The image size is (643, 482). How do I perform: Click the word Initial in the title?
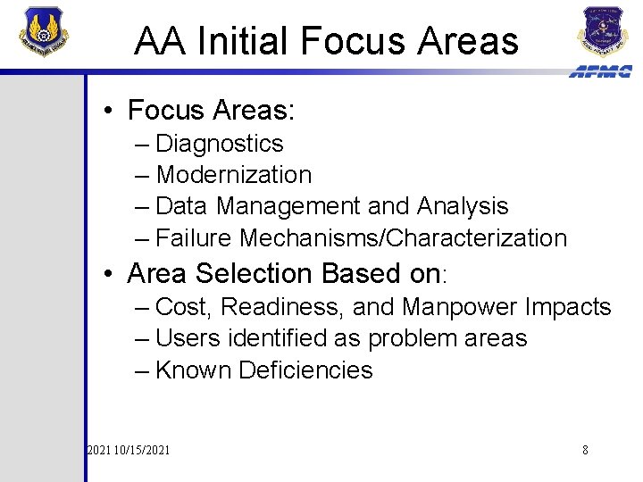pyautogui.click(x=243, y=41)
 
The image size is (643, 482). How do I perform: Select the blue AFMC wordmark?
pyautogui.click(x=600, y=71)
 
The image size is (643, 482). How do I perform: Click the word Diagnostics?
pyautogui.click(x=219, y=144)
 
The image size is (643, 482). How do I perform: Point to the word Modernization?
pyautogui.click(x=233, y=175)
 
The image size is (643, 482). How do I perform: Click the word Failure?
pyautogui.click(x=194, y=238)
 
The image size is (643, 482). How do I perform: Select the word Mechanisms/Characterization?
pyautogui.click(x=404, y=238)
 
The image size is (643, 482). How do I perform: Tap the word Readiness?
pyautogui.click(x=282, y=307)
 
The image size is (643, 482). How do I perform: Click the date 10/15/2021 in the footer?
pyautogui.click(x=141, y=450)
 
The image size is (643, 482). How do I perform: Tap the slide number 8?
pyautogui.click(x=585, y=450)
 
